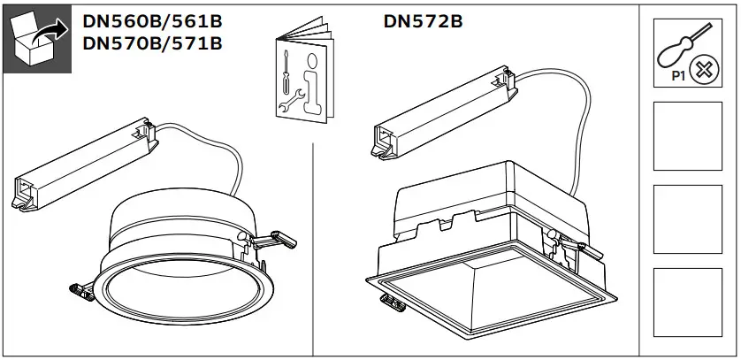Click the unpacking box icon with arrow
[39, 42]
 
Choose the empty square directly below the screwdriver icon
[687, 135]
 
